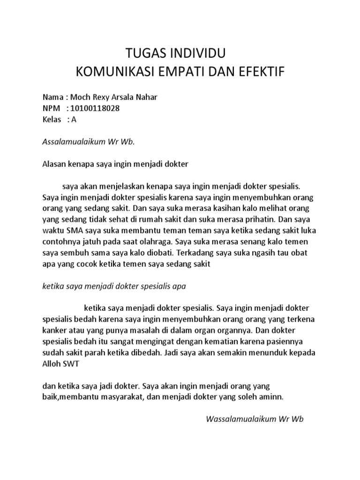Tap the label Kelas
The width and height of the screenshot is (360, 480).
52,119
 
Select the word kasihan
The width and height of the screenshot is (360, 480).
234,208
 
